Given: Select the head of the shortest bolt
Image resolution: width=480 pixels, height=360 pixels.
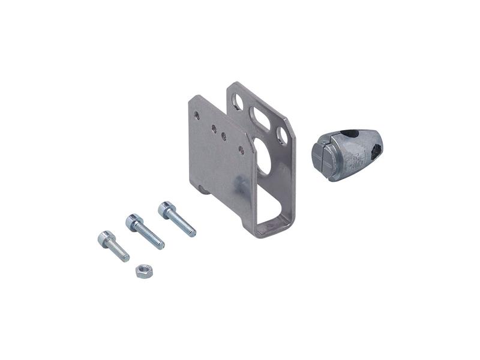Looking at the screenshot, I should [106, 238].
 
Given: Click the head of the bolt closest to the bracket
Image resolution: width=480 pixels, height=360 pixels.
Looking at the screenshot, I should [166, 209].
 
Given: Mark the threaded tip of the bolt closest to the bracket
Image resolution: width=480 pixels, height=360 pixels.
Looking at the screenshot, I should [191, 232].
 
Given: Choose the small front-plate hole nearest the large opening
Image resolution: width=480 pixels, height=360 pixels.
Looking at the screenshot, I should [241, 150].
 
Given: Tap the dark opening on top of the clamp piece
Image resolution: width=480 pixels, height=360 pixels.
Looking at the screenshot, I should [350, 134].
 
